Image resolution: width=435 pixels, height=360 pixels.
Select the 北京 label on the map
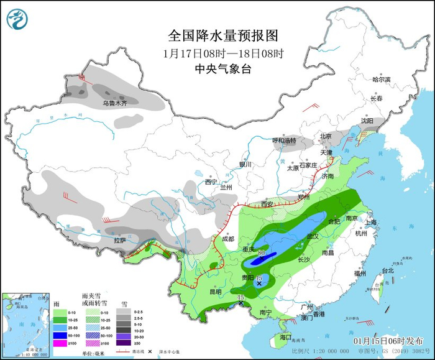point(326,136)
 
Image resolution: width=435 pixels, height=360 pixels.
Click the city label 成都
point(227,239)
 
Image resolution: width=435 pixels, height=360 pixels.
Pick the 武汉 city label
point(311,236)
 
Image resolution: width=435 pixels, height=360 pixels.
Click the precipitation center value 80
point(262,254)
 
